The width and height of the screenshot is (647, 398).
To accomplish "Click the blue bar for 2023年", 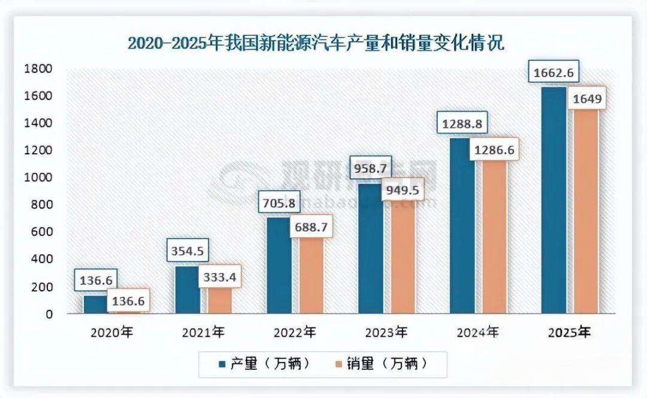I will (x=371, y=251).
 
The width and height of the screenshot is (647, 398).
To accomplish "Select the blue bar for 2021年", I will (x=188, y=290).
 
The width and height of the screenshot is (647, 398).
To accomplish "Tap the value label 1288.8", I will (x=462, y=124).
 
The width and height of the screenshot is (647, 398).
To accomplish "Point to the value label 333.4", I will (x=220, y=277).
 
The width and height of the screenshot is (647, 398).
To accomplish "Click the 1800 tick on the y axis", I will (x=37, y=69).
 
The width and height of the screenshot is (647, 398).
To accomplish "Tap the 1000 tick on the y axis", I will (x=37, y=178).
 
